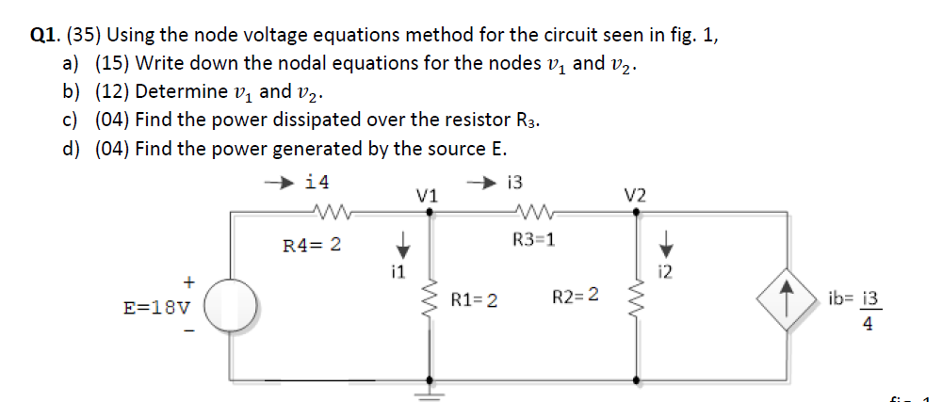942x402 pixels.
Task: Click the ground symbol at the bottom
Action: point(431,391)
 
